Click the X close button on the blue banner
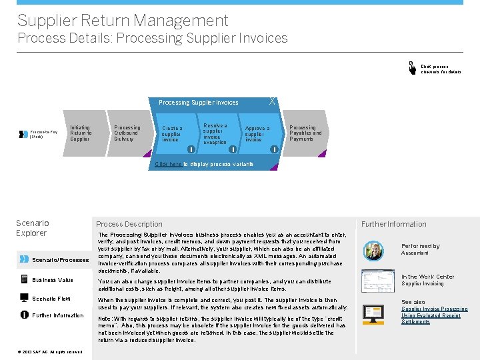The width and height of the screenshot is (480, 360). [271, 101]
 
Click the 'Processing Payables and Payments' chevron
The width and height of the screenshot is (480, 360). [305, 133]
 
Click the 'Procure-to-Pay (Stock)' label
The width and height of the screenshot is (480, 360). [44, 134]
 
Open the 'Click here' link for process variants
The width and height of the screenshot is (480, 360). [168, 164]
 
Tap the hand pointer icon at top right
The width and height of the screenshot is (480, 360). [412, 67]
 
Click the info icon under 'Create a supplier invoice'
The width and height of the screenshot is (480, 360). [191, 149]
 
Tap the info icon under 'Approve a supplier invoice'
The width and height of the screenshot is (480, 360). [274, 149]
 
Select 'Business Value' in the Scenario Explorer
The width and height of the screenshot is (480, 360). [53, 280]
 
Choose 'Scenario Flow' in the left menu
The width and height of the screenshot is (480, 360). [51, 299]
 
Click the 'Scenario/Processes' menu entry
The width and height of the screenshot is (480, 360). [60, 260]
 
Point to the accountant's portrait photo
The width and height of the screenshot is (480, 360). [373, 251]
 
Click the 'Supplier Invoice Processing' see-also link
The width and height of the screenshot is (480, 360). [434, 309]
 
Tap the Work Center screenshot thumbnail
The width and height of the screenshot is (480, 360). [373, 281]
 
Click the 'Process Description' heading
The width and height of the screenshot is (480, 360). [129, 224]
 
